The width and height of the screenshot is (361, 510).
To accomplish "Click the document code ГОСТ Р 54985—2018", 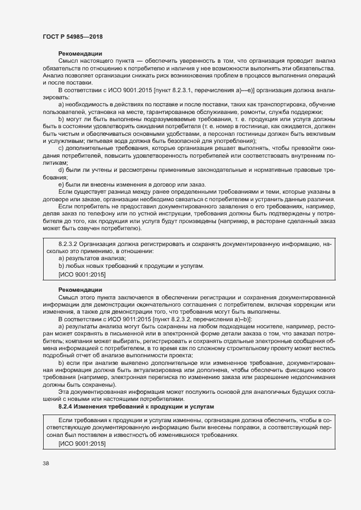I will [72, 36].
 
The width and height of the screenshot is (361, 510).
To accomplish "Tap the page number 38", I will [45, 464].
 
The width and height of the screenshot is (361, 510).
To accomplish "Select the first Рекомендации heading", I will [80, 53].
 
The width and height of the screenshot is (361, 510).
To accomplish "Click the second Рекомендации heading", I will [80, 290].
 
